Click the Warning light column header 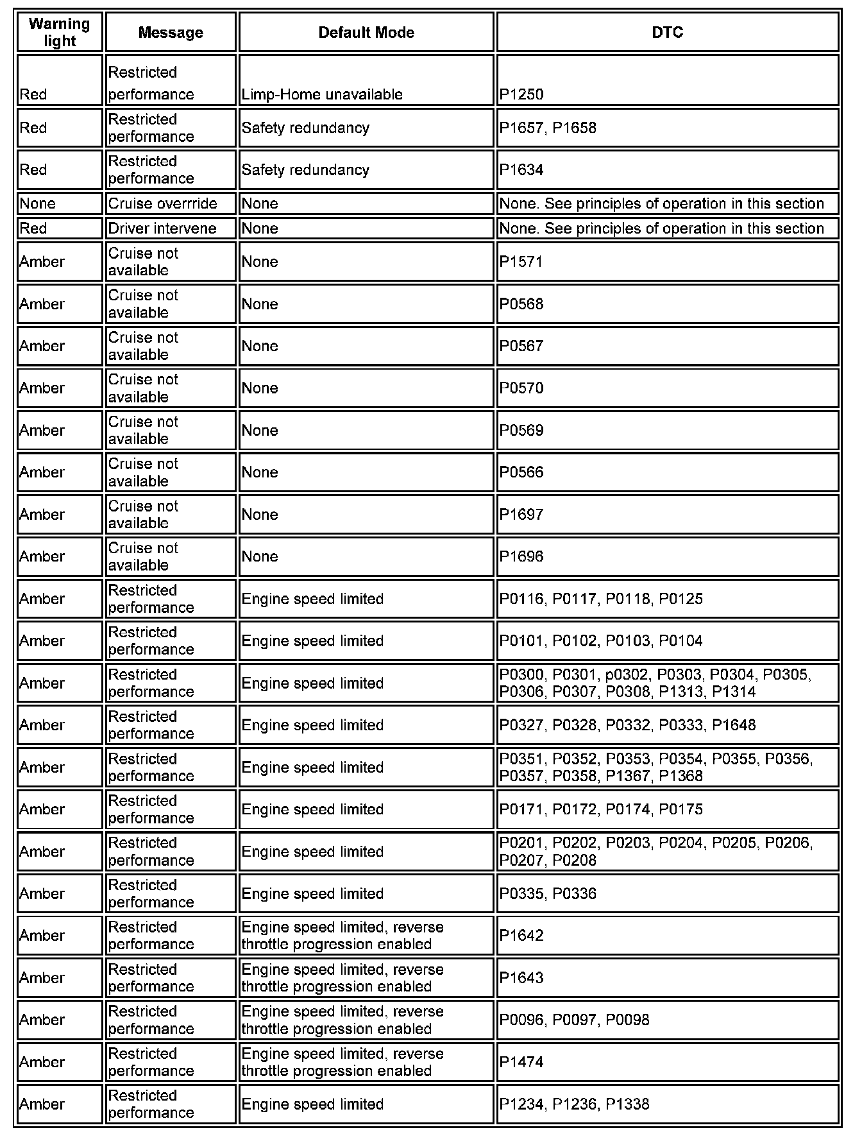coord(60,32)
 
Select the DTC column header coord(667,32)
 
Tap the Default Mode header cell coord(366,32)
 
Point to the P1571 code coord(521,262)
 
